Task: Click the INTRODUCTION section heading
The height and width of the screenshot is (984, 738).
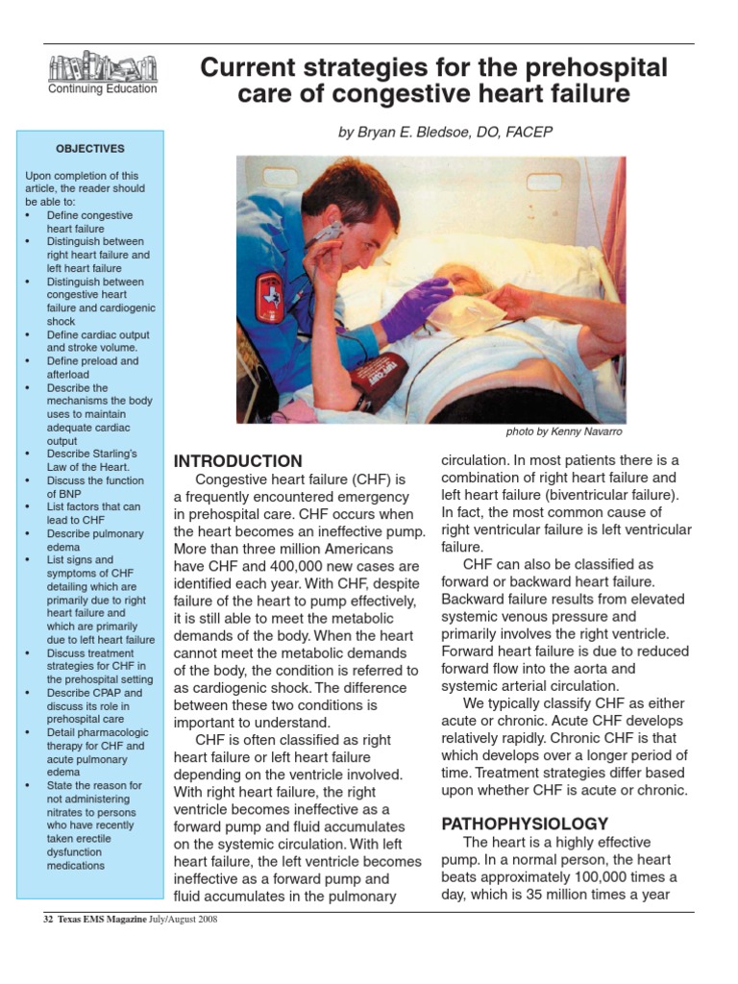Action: click(237, 461)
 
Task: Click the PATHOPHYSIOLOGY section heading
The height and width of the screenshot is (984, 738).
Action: click(524, 824)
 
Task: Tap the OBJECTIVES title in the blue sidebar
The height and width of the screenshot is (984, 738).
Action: click(89, 149)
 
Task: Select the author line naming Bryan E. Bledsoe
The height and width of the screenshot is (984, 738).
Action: click(445, 132)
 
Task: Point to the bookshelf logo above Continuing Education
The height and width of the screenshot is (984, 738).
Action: click(102, 67)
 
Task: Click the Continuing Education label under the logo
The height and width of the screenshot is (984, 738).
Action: click(102, 89)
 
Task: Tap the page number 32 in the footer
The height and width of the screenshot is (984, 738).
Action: click(48, 920)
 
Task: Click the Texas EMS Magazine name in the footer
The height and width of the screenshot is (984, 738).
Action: click(101, 920)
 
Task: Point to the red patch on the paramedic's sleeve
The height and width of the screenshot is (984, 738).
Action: click(270, 296)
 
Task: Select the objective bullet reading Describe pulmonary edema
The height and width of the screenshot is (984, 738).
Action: click(95, 539)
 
